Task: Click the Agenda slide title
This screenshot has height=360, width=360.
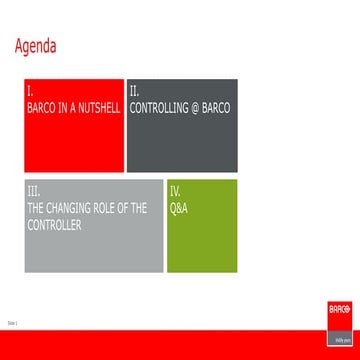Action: tap(37, 46)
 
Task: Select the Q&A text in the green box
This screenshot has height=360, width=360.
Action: tap(179, 207)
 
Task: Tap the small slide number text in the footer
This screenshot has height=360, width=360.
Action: tap(13, 323)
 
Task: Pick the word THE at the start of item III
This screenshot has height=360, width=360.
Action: tap(40, 207)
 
